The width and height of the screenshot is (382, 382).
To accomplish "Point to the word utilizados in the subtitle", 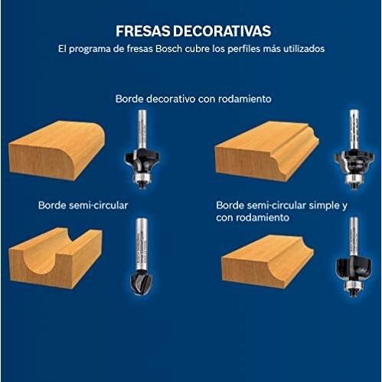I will tap(301, 48).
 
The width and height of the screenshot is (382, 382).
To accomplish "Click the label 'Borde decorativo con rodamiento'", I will tap(194, 99).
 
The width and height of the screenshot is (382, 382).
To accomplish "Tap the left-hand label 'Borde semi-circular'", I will tap(83, 206).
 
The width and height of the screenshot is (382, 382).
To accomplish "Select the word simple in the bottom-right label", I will tap(315, 206).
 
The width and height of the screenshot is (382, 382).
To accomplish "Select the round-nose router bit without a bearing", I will tap(142, 256).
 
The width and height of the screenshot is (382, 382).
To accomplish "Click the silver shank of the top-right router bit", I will tap(351, 126).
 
